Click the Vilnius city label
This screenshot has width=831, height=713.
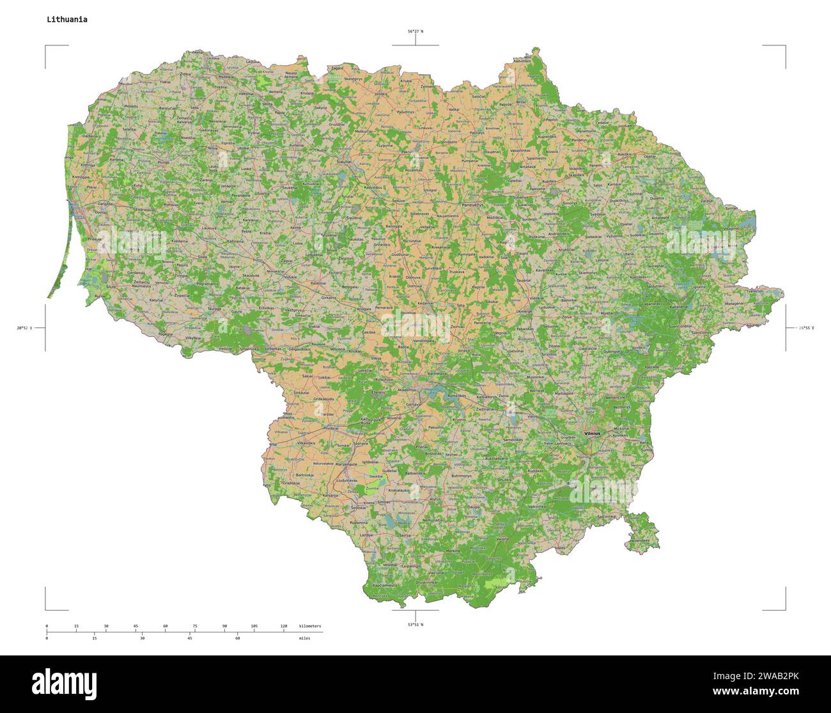(x=593, y=434)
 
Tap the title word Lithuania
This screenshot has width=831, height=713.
(x=66, y=19)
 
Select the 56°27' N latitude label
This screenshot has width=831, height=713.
(x=415, y=31)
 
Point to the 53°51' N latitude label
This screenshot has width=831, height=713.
(x=415, y=624)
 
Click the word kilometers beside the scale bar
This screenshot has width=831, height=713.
(x=310, y=626)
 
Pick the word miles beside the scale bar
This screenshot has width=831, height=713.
(x=304, y=638)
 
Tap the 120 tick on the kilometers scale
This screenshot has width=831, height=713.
(x=283, y=626)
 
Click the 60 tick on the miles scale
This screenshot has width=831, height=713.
(x=237, y=638)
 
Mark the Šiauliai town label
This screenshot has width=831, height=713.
(x=344, y=162)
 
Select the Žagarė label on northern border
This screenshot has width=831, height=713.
(x=337, y=67)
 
